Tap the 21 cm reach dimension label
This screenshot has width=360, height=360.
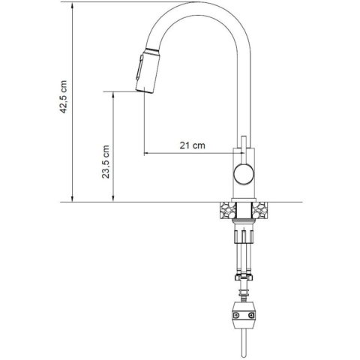pos(193,145)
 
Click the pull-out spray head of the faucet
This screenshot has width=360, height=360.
pos(145,70)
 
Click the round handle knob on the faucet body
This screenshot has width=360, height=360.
pos(243,174)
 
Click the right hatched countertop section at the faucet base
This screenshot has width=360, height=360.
pos(259,210)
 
